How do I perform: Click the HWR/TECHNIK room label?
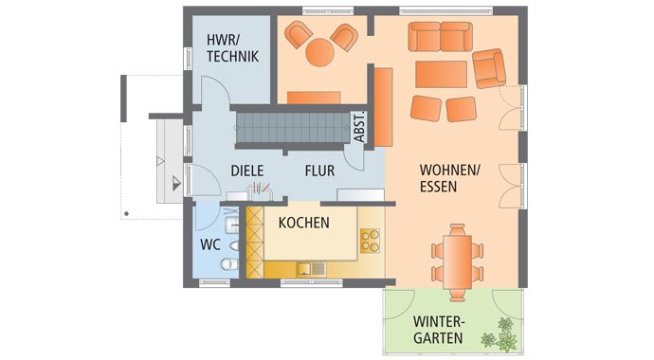233,48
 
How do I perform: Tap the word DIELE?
247,171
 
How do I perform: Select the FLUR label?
319,171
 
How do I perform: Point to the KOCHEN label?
304,223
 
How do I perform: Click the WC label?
210,244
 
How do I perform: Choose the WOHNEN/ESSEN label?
450,178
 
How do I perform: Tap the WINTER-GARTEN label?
438,330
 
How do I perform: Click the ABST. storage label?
359,127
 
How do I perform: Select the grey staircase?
293,128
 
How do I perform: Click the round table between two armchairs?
320,52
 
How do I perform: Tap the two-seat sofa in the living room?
441,37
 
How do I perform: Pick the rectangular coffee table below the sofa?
442,74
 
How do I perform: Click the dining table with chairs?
458,262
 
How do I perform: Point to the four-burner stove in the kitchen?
370,241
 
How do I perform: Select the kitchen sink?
312,269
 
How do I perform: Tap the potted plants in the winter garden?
501,335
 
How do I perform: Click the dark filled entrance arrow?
177,183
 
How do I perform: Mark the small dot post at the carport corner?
126,214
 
